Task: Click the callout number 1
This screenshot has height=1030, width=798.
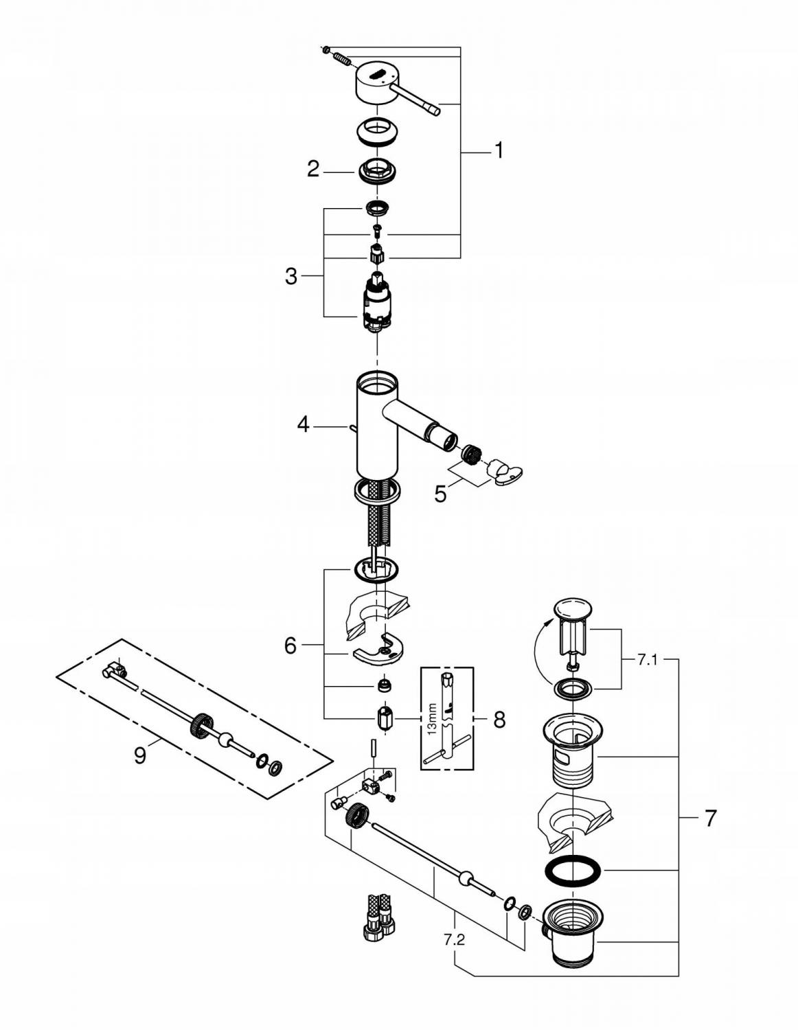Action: pyautogui.click(x=499, y=150)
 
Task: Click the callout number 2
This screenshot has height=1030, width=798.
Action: pyautogui.click(x=313, y=169)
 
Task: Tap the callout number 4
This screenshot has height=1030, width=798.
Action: pyautogui.click(x=303, y=425)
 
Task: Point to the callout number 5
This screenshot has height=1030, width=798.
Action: pyautogui.click(x=440, y=494)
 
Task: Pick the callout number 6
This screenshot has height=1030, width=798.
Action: pyautogui.click(x=290, y=645)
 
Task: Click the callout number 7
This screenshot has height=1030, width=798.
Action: pyautogui.click(x=709, y=818)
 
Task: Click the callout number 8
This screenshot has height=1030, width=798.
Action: pyautogui.click(x=499, y=720)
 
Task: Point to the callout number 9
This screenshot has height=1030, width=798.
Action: pyautogui.click(x=140, y=756)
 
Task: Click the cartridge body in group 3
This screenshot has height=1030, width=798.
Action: pyautogui.click(x=375, y=302)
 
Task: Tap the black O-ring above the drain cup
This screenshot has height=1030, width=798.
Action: pyautogui.click(x=572, y=870)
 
